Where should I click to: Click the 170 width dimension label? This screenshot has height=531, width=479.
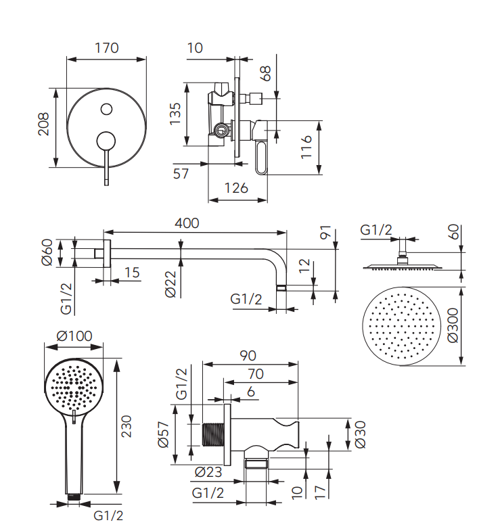pos(107,48)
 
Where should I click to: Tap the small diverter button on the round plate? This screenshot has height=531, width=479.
pos(106,109)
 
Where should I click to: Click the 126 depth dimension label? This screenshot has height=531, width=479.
pos(236,188)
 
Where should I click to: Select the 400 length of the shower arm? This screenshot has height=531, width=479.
pos(187,223)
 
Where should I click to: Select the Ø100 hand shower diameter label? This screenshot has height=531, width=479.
pos(74,336)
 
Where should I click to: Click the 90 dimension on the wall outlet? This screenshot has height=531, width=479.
pos(248,355)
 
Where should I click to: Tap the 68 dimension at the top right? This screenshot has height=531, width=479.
pos(266,73)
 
